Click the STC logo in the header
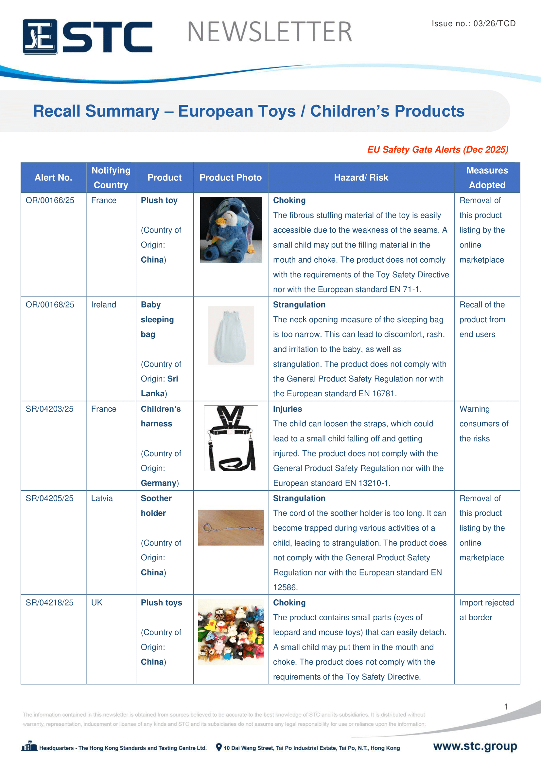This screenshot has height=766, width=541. coord(87,36)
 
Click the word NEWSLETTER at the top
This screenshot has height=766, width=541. coord(270,32)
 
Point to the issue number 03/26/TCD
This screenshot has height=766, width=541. coord(473,23)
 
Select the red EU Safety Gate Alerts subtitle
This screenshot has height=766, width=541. coord(437,149)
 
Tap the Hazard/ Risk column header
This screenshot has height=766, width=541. coord(361,177)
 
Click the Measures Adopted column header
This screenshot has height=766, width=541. coord(487,177)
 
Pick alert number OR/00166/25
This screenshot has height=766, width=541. coord(50,200)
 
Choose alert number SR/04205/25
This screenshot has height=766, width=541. coord(50,498)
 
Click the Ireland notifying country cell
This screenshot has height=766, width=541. coord(104,305)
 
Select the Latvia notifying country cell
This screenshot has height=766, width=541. coord(102,498)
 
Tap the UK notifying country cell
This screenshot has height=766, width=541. coord(97,603)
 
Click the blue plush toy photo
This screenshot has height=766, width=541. coord(231,230)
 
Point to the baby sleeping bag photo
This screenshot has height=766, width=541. coord(231,335)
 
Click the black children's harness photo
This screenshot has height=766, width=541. coord(231,438)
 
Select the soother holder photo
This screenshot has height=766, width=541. coord(231,528)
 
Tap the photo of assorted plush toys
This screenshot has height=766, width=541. coord(231,631)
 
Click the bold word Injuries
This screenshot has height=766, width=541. coord(288,409)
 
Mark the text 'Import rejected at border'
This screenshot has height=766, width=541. coord(486,610)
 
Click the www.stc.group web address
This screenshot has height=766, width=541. coord(475,746)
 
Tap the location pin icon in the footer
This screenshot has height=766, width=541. coord(218,747)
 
